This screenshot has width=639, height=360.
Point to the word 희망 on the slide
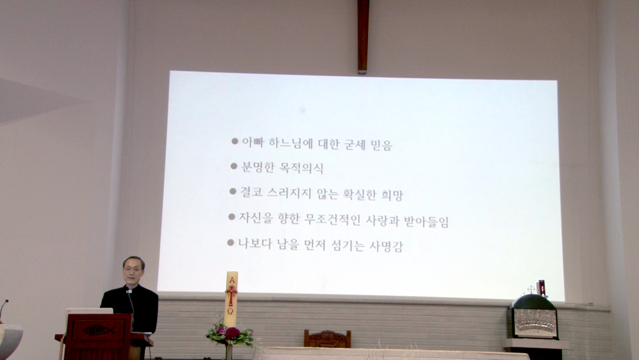[392, 196]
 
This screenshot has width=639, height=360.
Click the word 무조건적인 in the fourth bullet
[332, 220]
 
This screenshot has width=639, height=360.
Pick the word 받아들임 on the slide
[427, 222]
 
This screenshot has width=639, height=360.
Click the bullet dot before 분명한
[234, 166]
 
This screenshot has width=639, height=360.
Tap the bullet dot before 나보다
[230, 243]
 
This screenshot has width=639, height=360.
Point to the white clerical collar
[129, 291]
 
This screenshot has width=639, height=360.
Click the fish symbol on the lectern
[99, 330]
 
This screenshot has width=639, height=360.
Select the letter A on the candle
[232, 280]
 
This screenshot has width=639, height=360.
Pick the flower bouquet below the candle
[229, 333]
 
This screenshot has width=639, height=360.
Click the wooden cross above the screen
[363, 36]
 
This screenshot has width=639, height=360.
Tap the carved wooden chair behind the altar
[327, 339]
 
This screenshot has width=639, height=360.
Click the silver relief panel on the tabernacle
[535, 324]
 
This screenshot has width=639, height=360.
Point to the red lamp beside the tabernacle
[542, 288]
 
